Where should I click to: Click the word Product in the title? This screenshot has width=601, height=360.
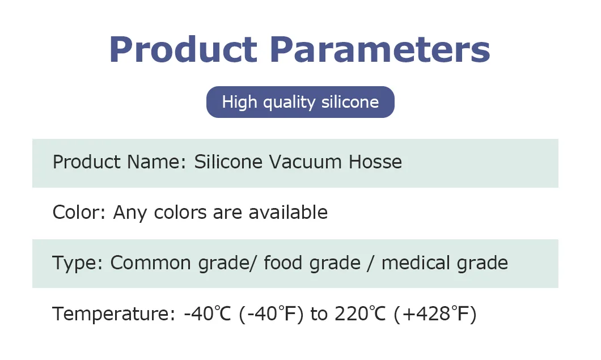click(183, 49)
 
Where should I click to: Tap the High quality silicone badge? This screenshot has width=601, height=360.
click(300, 102)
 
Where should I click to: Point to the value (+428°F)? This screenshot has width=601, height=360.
click(435, 314)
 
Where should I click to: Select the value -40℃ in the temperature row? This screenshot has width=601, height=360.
click(205, 314)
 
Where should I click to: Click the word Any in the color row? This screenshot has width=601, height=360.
click(130, 213)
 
